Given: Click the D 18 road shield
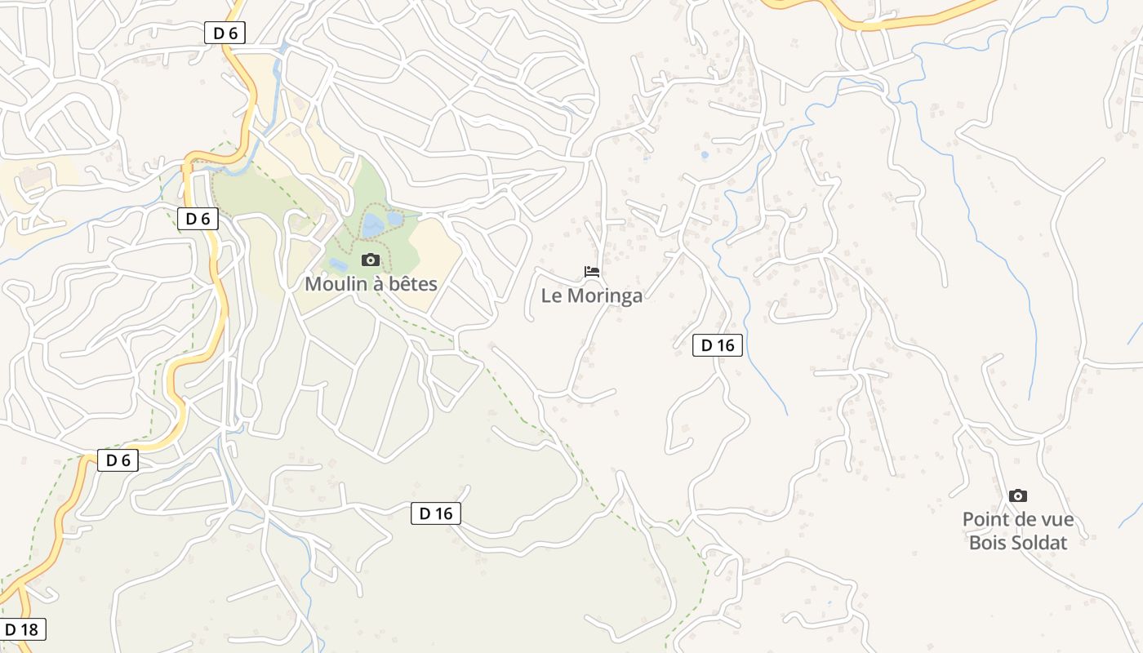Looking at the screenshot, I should click(x=22, y=629).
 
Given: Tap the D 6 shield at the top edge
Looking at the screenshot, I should click(x=225, y=33).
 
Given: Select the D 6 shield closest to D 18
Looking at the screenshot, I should click(x=118, y=460).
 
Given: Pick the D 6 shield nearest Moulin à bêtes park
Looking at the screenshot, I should click(x=198, y=218).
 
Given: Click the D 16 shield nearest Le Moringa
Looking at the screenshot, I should click(x=718, y=345).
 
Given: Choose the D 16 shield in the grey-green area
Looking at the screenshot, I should click(x=436, y=513).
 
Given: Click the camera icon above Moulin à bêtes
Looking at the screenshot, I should click(x=371, y=260).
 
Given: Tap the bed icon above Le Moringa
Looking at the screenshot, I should click(x=592, y=271).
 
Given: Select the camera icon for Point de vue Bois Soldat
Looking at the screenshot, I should click(x=1017, y=495).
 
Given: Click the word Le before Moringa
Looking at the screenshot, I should click(x=552, y=295).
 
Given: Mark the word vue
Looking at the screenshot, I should click(x=1056, y=520).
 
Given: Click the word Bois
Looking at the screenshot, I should click(x=989, y=542).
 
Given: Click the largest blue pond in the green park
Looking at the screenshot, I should click(x=372, y=226).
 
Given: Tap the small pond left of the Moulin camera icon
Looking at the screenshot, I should click(x=338, y=264).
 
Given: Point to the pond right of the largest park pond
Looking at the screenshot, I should click(x=395, y=219).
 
